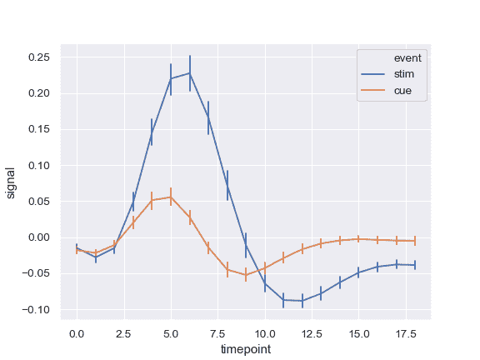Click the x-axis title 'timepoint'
246,350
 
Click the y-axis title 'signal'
11,182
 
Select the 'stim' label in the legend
404,74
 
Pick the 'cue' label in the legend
403,90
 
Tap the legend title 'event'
408,58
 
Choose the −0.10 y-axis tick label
37,309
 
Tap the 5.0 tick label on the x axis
171,333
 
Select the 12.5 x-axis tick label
312,333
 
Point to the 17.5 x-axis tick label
406,333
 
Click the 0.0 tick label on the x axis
77,333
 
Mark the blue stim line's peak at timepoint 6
190,73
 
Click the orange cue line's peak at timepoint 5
171,197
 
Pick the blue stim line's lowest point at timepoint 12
302,301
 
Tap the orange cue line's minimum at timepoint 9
246,275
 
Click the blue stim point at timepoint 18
415,265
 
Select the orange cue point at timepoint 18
415,241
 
